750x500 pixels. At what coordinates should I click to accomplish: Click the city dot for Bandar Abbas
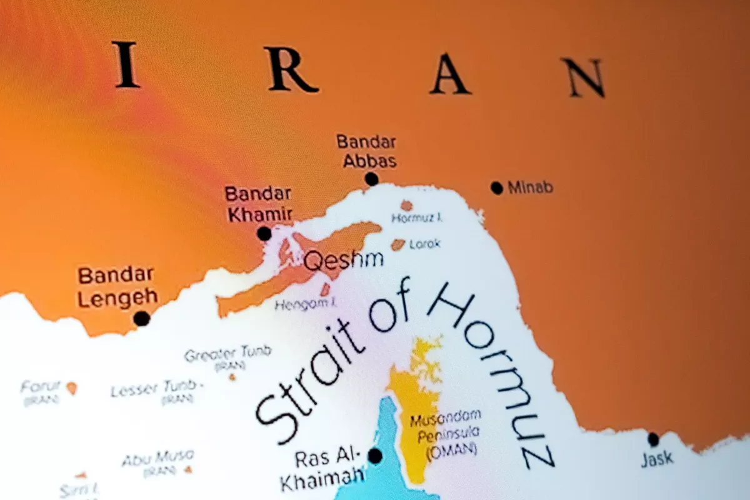[x=372, y=179]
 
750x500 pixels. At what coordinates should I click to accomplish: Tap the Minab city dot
[x=497, y=187]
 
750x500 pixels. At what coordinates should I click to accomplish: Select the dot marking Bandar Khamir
[x=264, y=234]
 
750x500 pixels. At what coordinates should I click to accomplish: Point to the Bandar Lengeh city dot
[x=142, y=318]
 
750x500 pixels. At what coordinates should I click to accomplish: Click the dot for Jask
[x=653, y=439]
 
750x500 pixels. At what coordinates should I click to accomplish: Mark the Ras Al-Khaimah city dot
[x=375, y=456]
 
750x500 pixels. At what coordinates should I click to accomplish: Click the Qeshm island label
[x=343, y=261]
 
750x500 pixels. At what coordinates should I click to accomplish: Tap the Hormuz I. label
[x=417, y=218]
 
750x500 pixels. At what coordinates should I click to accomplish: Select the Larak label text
[x=425, y=244]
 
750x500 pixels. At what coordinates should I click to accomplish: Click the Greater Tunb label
[x=227, y=354]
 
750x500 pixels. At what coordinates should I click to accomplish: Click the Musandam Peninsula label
[x=446, y=424]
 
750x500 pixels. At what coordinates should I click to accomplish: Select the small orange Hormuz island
[x=406, y=205]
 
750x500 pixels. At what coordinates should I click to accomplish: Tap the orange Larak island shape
[x=398, y=244]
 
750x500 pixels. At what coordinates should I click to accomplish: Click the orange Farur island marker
[x=72, y=388]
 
